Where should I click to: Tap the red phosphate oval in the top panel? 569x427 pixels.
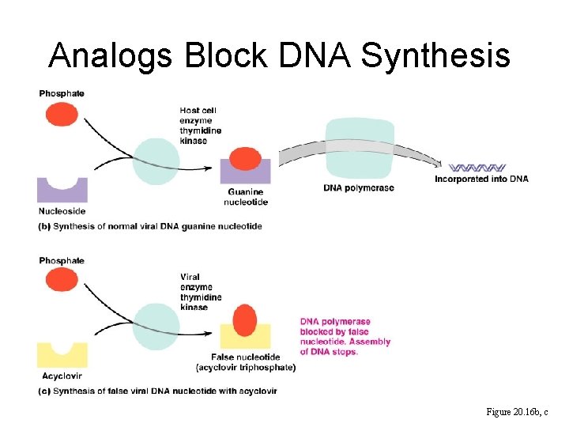click(62, 115)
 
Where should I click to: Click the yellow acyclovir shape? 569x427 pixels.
click(62, 356)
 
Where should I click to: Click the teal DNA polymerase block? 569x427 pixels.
click(360, 150)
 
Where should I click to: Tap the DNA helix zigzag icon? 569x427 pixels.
click(477, 168)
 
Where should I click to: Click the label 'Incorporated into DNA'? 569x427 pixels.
click(481, 179)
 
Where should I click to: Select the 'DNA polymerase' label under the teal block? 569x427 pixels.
click(359, 188)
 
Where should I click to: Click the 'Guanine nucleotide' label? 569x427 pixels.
click(246, 197)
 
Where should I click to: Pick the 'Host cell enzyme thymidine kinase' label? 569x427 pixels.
click(200, 126)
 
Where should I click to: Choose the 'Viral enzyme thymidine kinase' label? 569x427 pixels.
click(201, 293)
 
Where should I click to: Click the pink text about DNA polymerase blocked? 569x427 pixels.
click(345, 337)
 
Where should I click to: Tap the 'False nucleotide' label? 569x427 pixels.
click(245, 362)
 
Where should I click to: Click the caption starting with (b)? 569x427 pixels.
click(150, 227)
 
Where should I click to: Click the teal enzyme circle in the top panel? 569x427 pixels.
click(156, 161)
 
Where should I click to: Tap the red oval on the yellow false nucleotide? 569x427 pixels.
click(245, 319)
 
